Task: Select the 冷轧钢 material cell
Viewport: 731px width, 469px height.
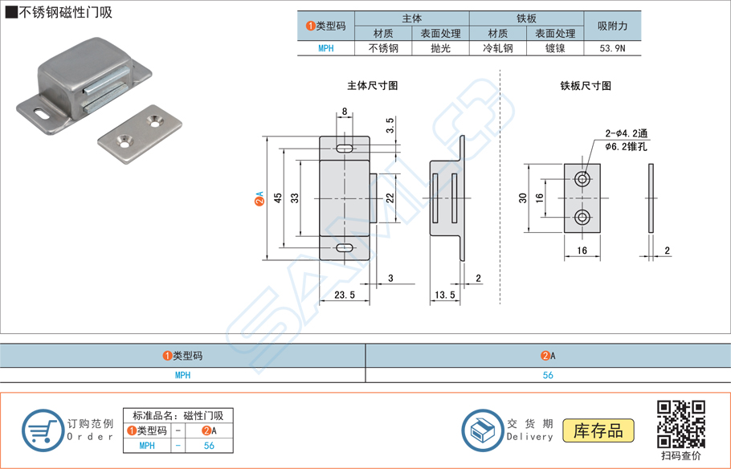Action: (497, 48)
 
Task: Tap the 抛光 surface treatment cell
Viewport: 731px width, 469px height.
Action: (440, 48)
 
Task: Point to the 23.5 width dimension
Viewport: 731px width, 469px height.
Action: (344, 296)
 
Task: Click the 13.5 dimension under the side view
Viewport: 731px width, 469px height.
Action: (444, 296)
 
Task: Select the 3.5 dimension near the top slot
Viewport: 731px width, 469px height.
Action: (390, 127)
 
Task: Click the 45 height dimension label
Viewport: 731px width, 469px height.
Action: (278, 198)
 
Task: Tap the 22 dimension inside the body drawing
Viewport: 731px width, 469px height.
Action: (389, 198)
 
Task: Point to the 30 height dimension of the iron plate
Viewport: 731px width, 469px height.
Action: (522, 198)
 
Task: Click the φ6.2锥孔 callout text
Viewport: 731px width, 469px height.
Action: (626, 148)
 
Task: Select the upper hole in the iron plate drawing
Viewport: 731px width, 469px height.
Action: (582, 178)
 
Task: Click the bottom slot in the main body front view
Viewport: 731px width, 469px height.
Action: (344, 247)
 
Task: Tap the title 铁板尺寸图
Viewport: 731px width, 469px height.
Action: (586, 85)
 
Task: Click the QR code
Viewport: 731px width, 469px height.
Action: (680, 423)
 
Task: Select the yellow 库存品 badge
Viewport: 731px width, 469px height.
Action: (598, 430)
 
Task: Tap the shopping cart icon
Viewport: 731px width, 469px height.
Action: (42, 430)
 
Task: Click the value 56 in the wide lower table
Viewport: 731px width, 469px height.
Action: (548, 375)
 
